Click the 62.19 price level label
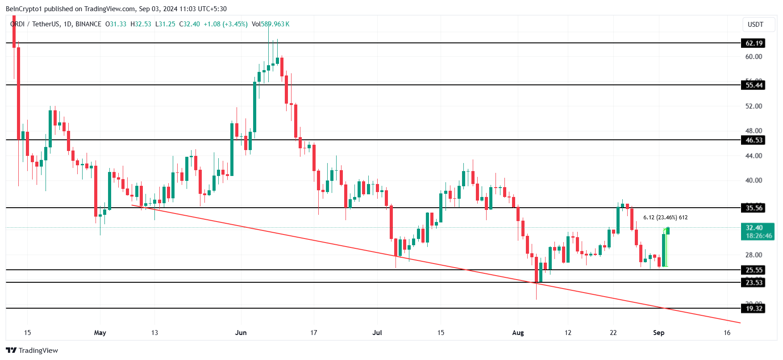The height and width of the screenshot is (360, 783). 754,43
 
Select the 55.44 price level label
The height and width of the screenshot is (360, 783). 754,85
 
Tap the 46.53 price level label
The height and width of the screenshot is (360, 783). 754,140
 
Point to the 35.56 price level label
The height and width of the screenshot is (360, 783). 754,208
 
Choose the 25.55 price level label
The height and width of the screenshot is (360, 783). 754,270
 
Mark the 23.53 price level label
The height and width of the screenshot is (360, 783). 754,282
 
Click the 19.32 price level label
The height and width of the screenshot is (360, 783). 754,309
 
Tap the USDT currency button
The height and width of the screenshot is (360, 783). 755,25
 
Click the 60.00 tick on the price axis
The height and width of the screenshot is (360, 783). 754,57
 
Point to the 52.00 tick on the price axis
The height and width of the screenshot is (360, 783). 754,106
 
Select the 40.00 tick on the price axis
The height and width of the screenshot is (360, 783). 754,180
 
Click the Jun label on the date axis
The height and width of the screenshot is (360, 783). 241,333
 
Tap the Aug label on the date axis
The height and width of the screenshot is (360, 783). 518,333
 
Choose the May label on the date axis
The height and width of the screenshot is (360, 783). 100,333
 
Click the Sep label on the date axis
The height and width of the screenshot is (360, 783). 658,333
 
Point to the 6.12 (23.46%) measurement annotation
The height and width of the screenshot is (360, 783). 665,218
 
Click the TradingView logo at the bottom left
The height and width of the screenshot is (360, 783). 32,351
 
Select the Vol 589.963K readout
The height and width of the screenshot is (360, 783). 271,24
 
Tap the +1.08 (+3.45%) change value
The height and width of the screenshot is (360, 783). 225,24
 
